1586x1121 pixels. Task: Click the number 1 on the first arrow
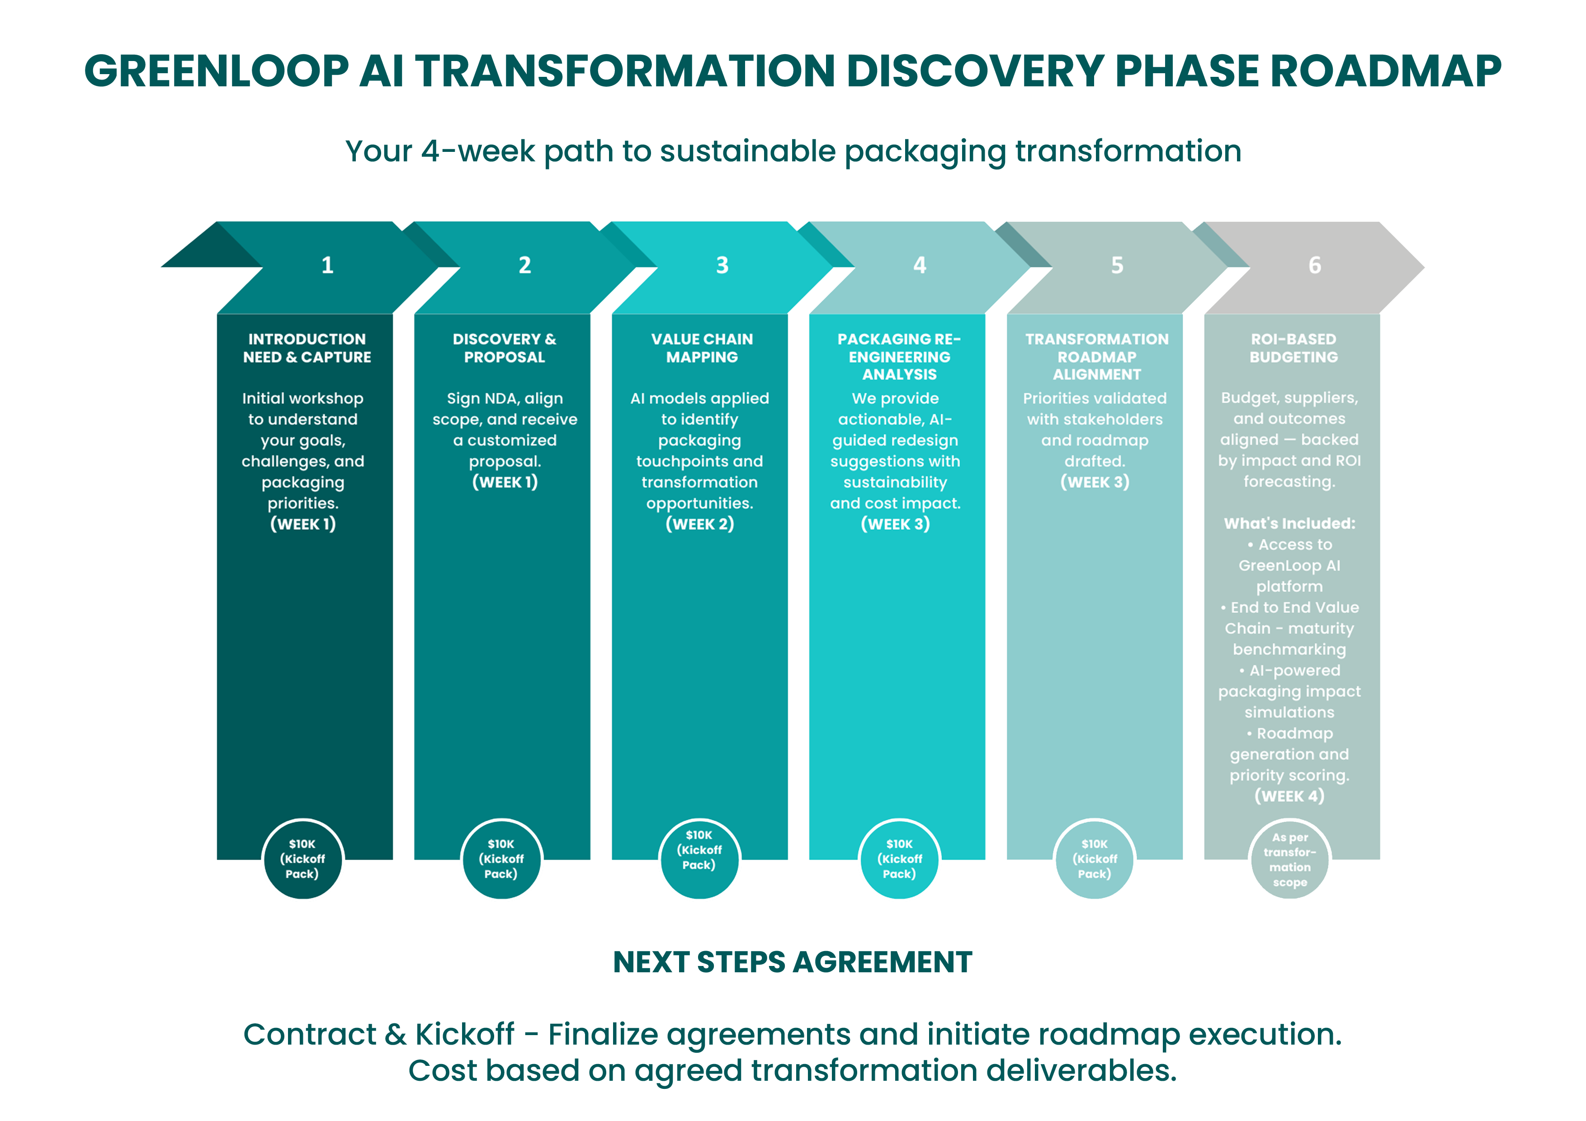327,265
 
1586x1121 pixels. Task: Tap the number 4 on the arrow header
920,265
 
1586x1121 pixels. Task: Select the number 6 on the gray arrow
1315,265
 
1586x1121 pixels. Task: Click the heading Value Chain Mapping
702,348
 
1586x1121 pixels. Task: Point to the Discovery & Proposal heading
504,348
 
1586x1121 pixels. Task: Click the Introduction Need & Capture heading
307,348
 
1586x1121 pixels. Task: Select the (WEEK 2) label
700,524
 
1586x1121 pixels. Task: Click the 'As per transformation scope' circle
1290,860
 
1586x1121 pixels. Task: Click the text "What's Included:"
1289,523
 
